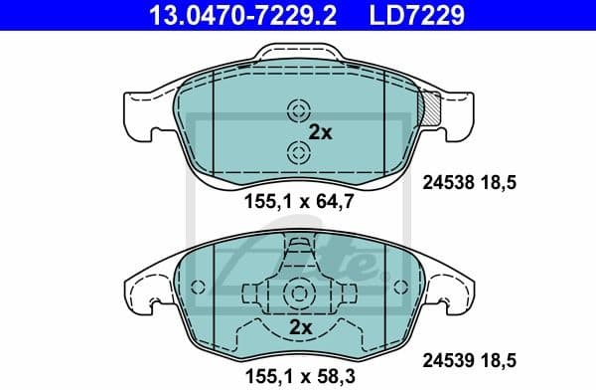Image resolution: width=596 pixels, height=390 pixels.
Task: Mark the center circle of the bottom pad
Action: pyautogui.click(x=297, y=292)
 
